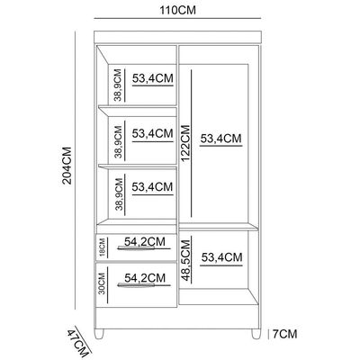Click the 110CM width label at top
[x=177, y=10]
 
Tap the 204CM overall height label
[x=67, y=166]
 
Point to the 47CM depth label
[x=77, y=343]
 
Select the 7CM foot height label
[x=284, y=334]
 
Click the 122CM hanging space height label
[x=185, y=143]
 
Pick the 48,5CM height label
[x=186, y=260]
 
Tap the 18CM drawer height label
[x=102, y=247]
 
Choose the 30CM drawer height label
[x=102, y=283]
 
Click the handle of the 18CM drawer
[x=144, y=247]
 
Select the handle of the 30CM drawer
[x=144, y=284]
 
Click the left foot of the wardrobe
[x=99, y=334]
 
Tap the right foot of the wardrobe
[x=256, y=334]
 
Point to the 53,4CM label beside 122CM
[x=220, y=139]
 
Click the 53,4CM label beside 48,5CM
[x=221, y=257]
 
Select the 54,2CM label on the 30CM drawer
[x=145, y=278]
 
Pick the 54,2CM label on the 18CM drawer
[x=145, y=241]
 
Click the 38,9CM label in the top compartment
[x=118, y=85]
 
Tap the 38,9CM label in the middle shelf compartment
[x=118, y=141]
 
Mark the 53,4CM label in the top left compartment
[x=153, y=78]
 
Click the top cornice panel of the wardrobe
[x=178, y=37]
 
